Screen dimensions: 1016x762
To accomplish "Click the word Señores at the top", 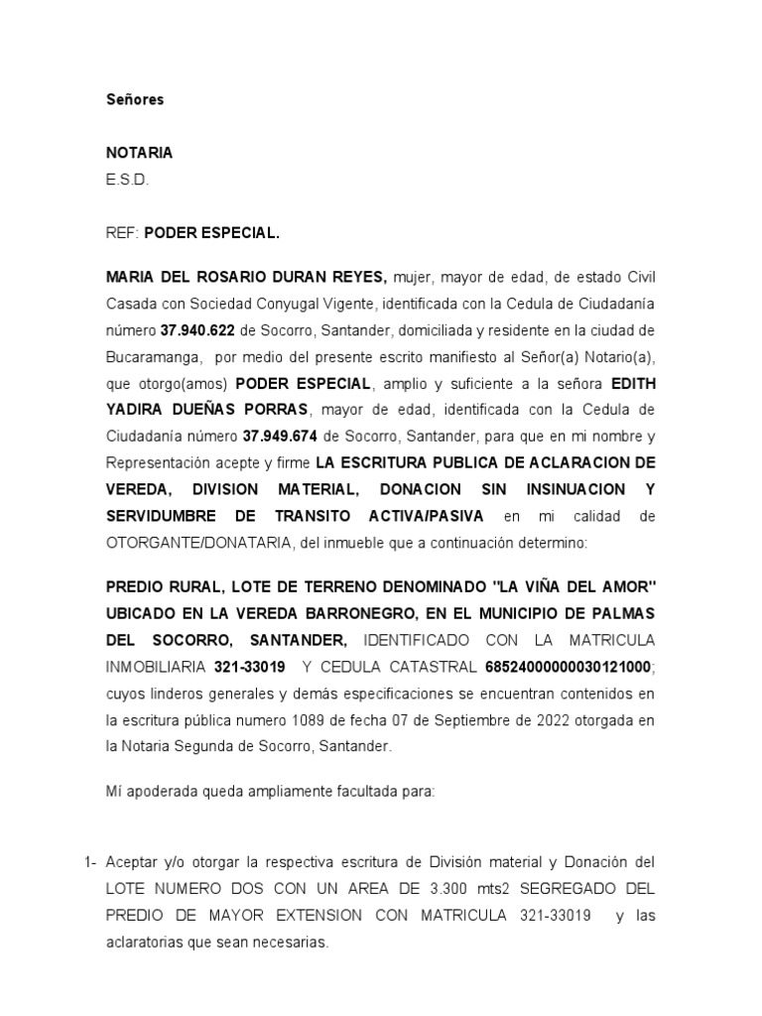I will [x=135, y=99].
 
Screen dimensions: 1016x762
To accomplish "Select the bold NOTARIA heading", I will [x=139, y=153].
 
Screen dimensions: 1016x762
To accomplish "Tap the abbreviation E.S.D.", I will [x=126, y=180].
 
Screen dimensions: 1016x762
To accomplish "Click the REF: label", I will [x=122, y=234].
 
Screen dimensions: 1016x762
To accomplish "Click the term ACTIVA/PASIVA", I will [x=426, y=516].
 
